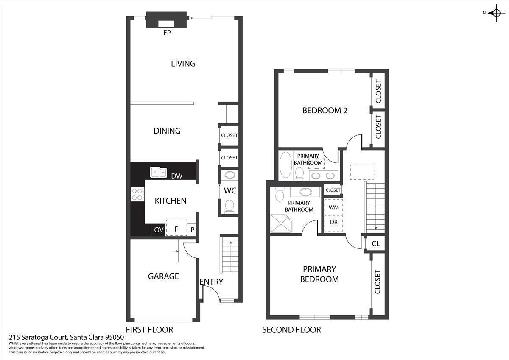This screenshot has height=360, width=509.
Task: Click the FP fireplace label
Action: (167, 33)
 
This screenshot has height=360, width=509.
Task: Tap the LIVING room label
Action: (183, 64)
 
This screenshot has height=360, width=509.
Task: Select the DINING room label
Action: (167, 131)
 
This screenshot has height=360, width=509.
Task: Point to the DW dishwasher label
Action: (177, 176)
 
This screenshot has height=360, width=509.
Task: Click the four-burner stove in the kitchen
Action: (138, 194)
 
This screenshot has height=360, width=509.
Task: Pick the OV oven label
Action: (159, 230)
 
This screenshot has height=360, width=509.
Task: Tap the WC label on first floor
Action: (230, 191)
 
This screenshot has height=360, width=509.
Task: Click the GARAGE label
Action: (163, 276)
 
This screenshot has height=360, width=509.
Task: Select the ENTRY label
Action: (211, 282)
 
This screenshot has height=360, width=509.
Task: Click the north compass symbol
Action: (495, 13)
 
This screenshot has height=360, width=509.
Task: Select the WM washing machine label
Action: (334, 207)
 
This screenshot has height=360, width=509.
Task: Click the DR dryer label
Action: (334, 222)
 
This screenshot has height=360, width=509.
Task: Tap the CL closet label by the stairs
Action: (375, 244)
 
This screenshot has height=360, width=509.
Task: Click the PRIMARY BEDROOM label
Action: (319, 274)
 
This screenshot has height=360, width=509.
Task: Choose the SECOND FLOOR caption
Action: (291, 330)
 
